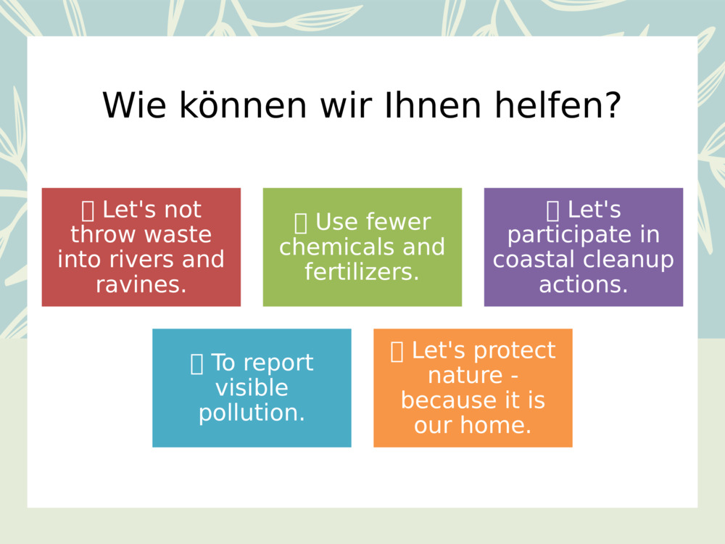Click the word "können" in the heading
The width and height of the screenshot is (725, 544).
(x=243, y=106)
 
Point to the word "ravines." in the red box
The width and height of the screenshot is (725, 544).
(x=141, y=284)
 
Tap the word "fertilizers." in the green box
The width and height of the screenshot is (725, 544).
(x=362, y=272)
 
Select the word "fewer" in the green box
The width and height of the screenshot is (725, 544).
(x=398, y=223)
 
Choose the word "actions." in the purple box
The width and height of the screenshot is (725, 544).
(x=584, y=284)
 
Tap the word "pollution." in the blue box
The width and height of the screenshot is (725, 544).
(x=252, y=413)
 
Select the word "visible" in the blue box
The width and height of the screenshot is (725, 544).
(x=252, y=388)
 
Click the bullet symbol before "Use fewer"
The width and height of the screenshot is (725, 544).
(x=301, y=223)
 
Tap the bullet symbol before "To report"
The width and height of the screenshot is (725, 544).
(x=196, y=363)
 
